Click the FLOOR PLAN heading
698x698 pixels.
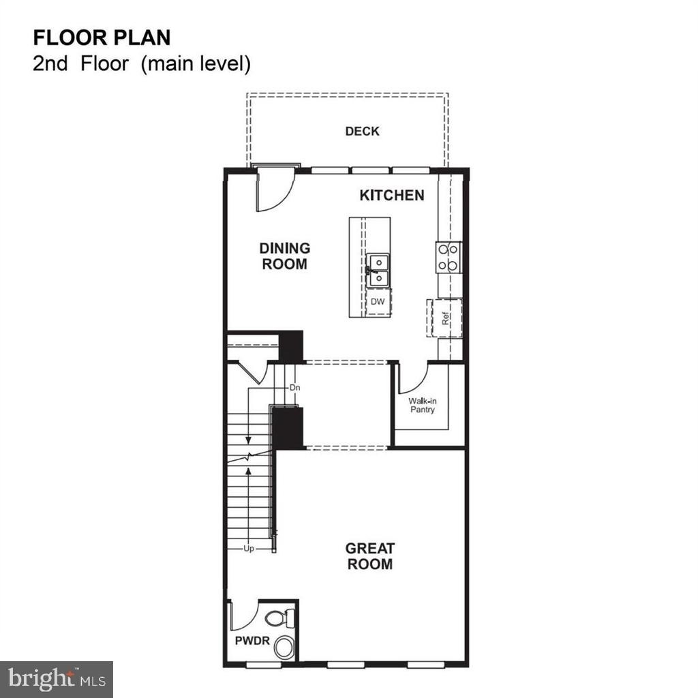pyautogui.click(x=102, y=38)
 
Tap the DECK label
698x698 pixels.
pyautogui.click(x=363, y=132)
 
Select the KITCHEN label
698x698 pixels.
pyautogui.click(x=392, y=196)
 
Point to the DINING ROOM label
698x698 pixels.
pyautogui.click(x=284, y=256)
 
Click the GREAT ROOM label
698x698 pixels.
pyautogui.click(x=370, y=556)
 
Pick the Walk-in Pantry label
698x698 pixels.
pyautogui.click(x=423, y=405)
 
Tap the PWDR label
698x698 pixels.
pyautogui.click(x=252, y=641)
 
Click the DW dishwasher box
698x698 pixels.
pyautogui.click(x=378, y=302)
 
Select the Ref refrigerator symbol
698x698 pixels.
pyautogui.click(x=444, y=318)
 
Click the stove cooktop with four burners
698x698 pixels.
pyautogui.click(x=449, y=257)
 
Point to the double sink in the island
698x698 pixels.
pyautogui.click(x=378, y=270)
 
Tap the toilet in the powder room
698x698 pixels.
pyautogui.click(x=279, y=618)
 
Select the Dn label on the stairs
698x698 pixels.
pyautogui.click(x=294, y=388)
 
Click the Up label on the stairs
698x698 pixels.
pyautogui.click(x=249, y=549)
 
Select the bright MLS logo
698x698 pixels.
pyautogui.click(x=57, y=680)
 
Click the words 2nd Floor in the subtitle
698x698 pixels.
pyautogui.click(x=80, y=63)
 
